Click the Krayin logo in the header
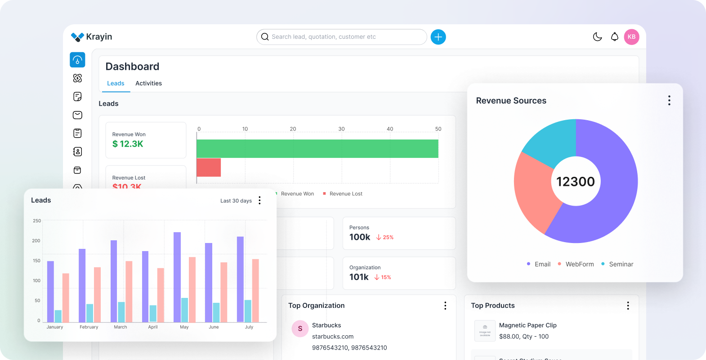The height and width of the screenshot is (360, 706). (x=91, y=37)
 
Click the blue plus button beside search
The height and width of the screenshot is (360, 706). (x=438, y=37)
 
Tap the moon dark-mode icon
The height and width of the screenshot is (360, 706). (x=597, y=37)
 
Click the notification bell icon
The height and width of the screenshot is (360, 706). (x=614, y=37)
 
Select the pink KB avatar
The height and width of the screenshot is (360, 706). (x=631, y=37)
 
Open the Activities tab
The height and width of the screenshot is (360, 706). (x=148, y=83)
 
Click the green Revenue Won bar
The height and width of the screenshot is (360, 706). (x=317, y=148)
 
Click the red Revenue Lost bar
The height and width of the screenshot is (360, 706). (x=209, y=167)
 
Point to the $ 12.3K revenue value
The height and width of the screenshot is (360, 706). (x=128, y=144)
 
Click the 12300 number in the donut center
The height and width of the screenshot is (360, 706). (x=576, y=181)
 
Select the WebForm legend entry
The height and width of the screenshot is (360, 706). (x=579, y=264)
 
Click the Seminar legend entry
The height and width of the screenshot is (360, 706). (x=621, y=264)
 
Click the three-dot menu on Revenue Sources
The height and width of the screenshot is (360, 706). (x=669, y=100)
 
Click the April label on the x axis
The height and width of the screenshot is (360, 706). (x=153, y=327)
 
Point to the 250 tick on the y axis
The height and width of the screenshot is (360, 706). (x=37, y=221)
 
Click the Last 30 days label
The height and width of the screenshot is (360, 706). (x=236, y=201)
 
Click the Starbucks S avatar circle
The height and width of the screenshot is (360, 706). (x=300, y=328)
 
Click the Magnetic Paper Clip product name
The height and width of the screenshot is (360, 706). (x=527, y=325)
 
